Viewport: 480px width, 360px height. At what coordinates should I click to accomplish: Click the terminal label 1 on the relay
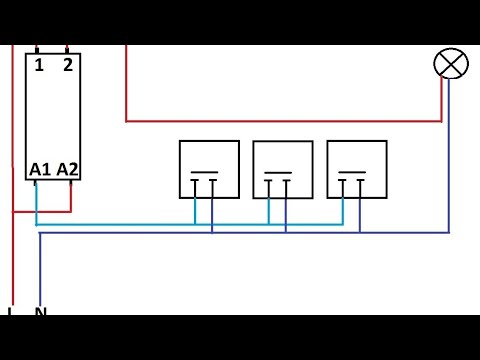[39, 67]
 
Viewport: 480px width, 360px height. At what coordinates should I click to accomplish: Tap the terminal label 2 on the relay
[67, 67]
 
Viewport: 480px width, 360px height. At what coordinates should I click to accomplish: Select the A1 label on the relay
[40, 169]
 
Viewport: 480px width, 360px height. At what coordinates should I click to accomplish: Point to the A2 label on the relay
[67, 169]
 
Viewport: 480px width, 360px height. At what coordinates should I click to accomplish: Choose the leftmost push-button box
[209, 169]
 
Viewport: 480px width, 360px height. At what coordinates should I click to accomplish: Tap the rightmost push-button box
[357, 169]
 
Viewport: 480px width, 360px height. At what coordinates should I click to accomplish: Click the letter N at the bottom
[41, 312]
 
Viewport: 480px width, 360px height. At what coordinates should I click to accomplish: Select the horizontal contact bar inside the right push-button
[353, 172]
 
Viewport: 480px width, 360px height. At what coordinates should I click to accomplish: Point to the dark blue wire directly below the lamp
[449, 150]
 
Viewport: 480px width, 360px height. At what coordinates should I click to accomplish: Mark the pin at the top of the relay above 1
[38, 49]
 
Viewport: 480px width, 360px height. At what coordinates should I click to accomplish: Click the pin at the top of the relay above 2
[67, 49]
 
